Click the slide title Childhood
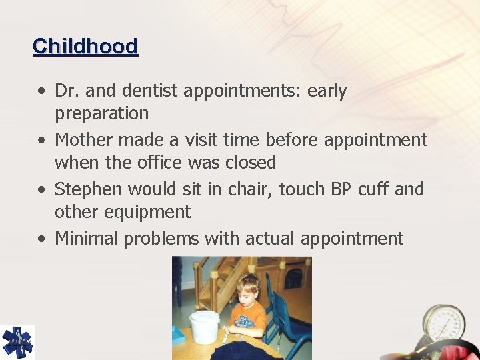(x=85, y=47)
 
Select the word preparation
(x=101, y=113)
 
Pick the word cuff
(x=373, y=189)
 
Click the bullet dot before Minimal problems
(x=42, y=239)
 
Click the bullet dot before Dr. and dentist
(x=42, y=91)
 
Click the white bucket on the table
(x=205, y=326)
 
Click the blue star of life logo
(x=17, y=342)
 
